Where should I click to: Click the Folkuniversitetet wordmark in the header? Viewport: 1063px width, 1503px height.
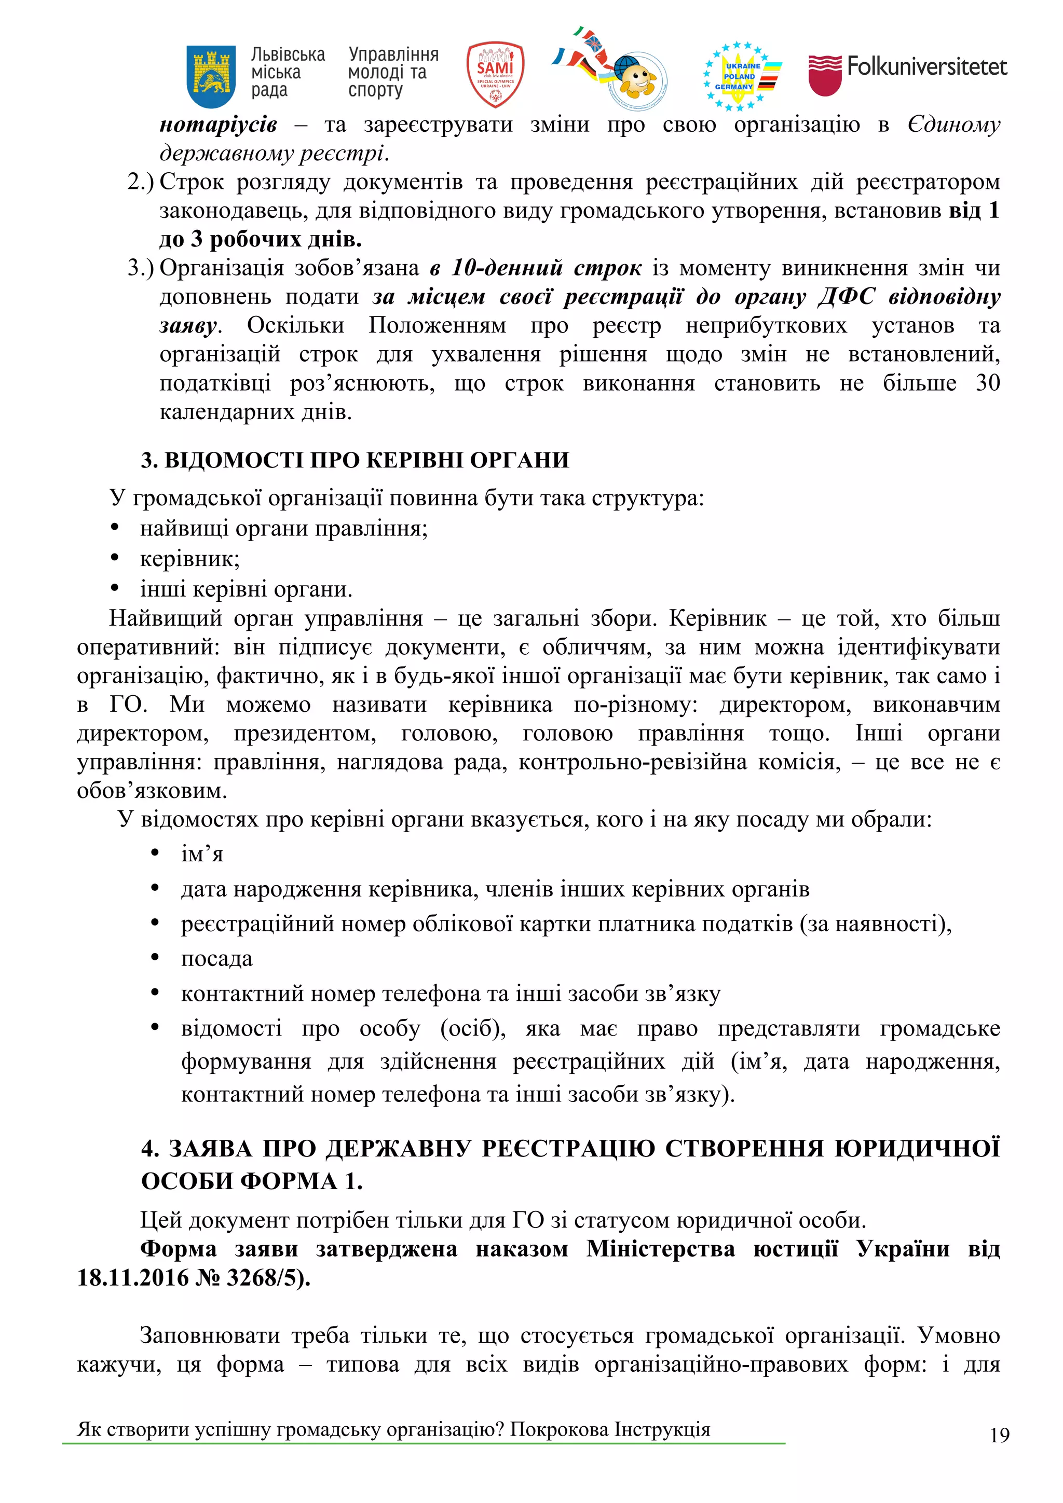[x=926, y=66]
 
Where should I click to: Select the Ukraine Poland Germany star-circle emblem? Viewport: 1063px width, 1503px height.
[x=741, y=76]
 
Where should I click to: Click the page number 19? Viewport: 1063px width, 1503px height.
[x=999, y=1436]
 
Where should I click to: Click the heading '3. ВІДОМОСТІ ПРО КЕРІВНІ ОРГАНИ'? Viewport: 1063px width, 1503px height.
[x=355, y=460]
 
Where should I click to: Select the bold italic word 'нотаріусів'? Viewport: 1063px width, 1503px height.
[x=218, y=125]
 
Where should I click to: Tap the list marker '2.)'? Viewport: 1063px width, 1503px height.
[x=140, y=182]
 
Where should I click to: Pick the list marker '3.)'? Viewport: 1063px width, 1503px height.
[x=140, y=268]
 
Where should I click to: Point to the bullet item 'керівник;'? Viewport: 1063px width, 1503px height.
[x=190, y=558]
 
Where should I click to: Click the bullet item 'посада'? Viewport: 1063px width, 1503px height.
[x=217, y=958]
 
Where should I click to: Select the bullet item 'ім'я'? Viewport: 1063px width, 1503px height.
[x=202, y=854]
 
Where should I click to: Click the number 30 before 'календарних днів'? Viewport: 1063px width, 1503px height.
[x=987, y=383]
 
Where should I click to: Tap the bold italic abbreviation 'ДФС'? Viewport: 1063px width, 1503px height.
[x=846, y=297]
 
